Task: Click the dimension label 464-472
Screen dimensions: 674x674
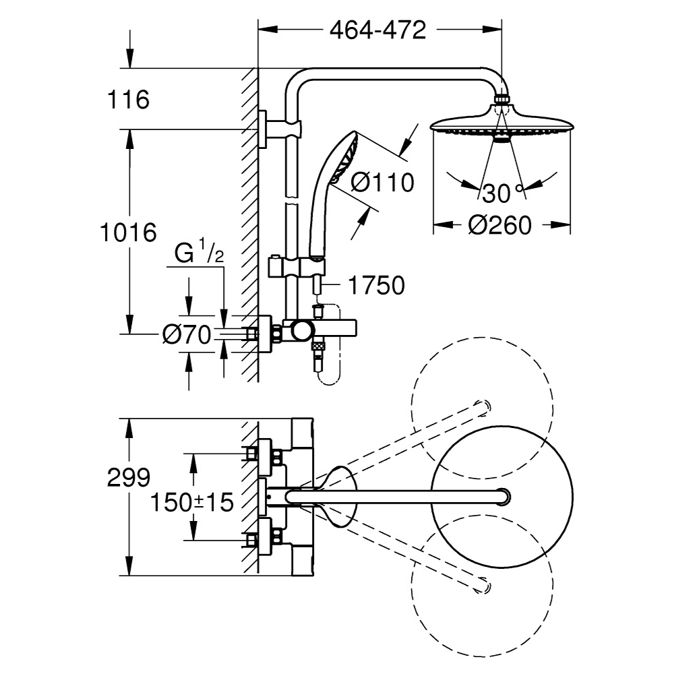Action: (x=377, y=30)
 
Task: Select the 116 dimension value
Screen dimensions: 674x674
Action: (x=128, y=100)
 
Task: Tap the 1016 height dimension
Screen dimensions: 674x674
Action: (x=127, y=232)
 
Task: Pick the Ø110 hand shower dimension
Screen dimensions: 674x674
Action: (x=383, y=182)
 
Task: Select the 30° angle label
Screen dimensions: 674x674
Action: (x=502, y=194)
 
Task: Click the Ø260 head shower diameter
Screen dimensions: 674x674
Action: (x=502, y=226)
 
